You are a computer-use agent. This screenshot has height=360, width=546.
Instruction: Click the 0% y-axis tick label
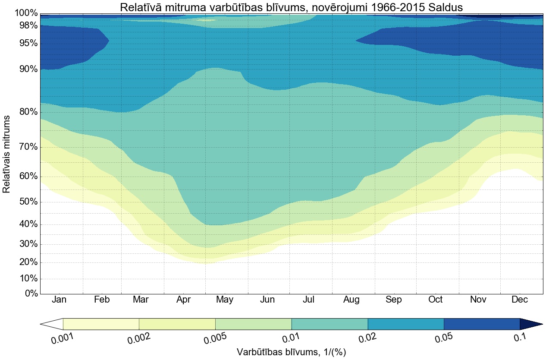pos(30,294)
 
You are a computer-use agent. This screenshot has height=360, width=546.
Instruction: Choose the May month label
pos(225,300)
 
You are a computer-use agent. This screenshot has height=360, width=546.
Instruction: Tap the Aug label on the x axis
pos(351,300)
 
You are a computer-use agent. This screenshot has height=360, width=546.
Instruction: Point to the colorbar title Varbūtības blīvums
pos(291,352)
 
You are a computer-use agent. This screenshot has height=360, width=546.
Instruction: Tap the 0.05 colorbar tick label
pos(443,338)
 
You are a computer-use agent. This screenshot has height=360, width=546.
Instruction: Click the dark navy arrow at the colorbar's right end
pos(530,324)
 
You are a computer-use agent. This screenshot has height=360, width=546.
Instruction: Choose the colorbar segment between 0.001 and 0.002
pos(101,324)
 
